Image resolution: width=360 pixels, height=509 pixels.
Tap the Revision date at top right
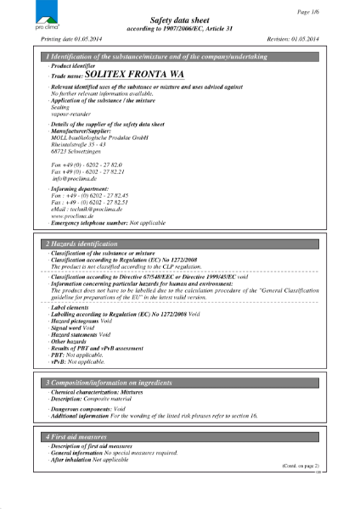click(x=291, y=40)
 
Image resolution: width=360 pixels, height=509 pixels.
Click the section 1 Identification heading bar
click(x=180, y=55)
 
